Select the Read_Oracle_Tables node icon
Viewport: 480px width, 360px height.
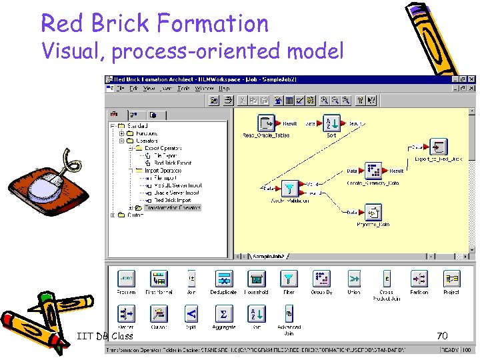click(267, 124)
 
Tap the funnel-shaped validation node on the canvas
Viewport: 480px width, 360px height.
click(289, 188)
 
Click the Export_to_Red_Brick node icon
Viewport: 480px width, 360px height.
click(438, 147)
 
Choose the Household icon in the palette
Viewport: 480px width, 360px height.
click(256, 279)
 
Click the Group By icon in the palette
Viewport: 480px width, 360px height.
click(321, 279)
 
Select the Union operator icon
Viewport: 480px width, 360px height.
click(354, 279)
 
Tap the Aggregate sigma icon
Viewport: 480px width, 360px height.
click(224, 313)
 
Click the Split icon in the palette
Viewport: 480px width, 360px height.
click(191, 313)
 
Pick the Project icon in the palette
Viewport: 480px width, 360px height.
click(451, 279)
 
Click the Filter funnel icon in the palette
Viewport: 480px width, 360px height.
click(289, 279)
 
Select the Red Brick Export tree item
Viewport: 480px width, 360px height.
click(173, 163)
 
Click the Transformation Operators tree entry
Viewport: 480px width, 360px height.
click(173, 207)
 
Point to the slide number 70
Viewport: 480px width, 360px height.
click(441, 336)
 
